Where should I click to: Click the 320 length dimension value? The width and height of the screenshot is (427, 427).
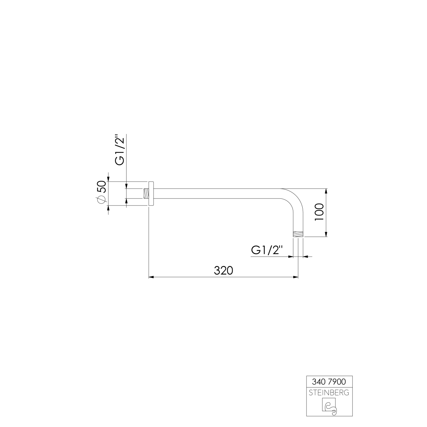coord(224,270)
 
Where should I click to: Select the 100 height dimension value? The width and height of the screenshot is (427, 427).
coord(319,212)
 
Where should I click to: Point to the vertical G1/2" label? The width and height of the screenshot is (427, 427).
coord(120,150)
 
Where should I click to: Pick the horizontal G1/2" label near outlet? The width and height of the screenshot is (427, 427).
coord(267,250)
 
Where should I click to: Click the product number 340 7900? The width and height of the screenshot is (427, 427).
coord(329,382)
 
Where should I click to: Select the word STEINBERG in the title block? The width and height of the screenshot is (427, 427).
coord(329,393)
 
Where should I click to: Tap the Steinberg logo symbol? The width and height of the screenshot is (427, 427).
coord(329,406)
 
